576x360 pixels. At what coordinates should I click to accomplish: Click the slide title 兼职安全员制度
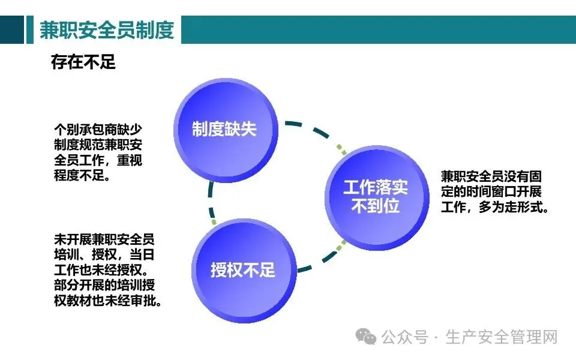(106, 30)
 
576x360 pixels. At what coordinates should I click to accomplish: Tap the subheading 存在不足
(83, 62)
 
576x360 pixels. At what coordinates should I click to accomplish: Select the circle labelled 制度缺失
(224, 129)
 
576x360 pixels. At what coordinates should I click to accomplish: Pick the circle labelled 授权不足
(242, 270)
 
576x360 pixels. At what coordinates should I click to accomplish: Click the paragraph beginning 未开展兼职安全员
(109, 270)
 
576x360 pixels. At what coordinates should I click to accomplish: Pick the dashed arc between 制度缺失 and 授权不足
(211, 201)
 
